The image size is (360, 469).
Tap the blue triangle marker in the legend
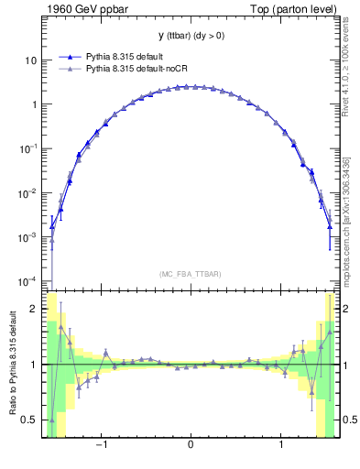71,57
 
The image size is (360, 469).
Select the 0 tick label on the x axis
190,448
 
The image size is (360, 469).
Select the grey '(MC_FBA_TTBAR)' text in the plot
190,274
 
